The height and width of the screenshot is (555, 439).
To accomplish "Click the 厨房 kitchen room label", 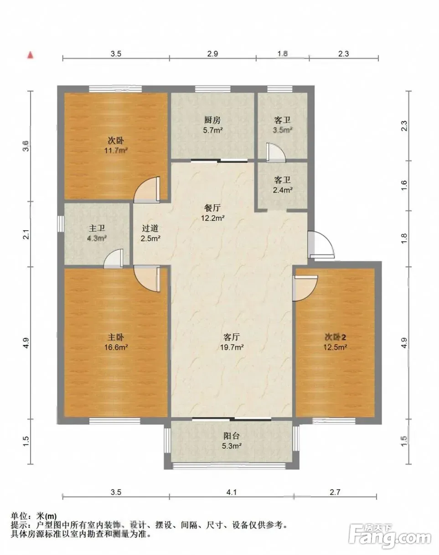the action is [x=212, y=120].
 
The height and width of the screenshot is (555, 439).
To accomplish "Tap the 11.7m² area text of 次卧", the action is [x=116, y=150].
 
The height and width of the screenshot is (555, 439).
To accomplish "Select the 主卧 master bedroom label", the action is [x=116, y=337].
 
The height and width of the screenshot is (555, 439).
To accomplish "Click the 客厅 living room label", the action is [x=232, y=337].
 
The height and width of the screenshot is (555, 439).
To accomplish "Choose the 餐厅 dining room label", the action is [x=212, y=207].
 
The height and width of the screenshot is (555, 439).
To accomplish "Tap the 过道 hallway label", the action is [x=150, y=228].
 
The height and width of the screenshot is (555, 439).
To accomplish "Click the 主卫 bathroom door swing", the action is [x=114, y=259].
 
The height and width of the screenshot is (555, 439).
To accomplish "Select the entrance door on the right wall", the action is [x=321, y=244].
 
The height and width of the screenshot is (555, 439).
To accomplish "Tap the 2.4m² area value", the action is [x=283, y=190].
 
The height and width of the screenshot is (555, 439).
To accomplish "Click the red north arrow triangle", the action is [x=31, y=55].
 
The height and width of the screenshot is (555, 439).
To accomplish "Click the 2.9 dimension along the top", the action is [x=213, y=54].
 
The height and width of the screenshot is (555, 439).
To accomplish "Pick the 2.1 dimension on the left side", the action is [x=26, y=234].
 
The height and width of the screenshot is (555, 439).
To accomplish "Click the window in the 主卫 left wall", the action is [x=60, y=223].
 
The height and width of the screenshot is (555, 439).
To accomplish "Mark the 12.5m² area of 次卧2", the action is [x=335, y=347].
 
